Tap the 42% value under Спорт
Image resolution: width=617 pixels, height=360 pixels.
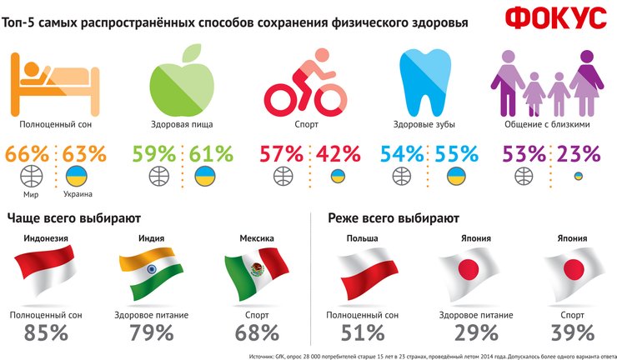[x=338, y=154]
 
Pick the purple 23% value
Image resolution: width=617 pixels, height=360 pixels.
[x=580, y=154]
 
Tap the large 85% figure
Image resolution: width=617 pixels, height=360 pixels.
[x=47, y=332]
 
